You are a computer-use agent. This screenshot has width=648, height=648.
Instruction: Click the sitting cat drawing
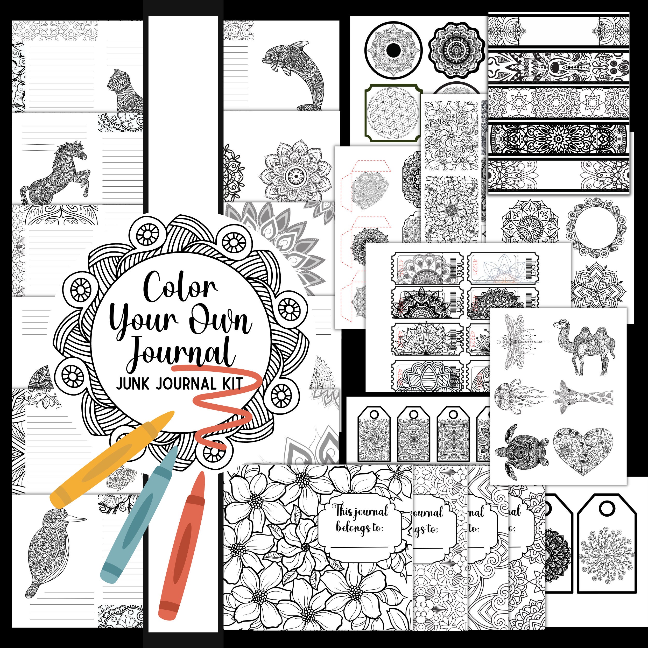click(124, 90)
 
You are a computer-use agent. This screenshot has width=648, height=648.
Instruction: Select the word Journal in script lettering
click(181, 352)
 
